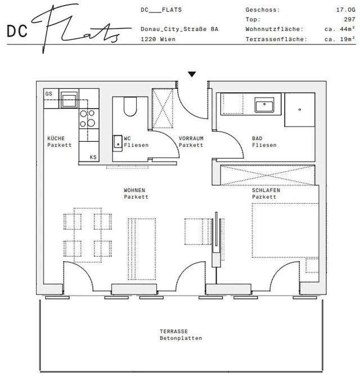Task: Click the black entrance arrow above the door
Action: point(192,74)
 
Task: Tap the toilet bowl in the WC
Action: point(130,107)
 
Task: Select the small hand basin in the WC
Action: point(118,143)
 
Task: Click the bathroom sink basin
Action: point(264,105)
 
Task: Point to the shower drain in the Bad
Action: point(299,110)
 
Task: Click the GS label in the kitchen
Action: point(48,93)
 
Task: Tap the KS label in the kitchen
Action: point(93,157)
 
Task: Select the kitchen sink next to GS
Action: point(69,100)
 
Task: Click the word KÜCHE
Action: point(56,138)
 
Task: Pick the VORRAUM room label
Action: point(191,138)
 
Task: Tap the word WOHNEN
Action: point(134,190)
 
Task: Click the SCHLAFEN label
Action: point(266,190)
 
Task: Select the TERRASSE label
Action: point(174,331)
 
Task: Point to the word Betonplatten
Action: point(181,338)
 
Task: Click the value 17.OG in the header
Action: point(345,10)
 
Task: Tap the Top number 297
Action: point(349,19)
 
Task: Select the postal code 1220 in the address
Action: point(148,39)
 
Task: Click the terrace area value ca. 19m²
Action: point(340,39)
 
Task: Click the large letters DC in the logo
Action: point(17,31)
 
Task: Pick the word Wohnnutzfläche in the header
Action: point(274,29)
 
